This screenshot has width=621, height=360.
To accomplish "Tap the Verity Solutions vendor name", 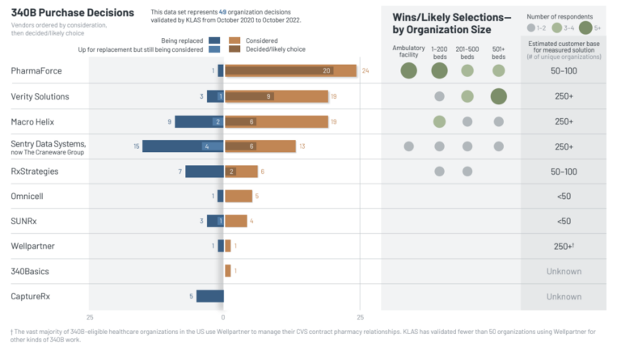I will click(40, 96).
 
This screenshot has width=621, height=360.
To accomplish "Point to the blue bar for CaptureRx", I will click(209, 296).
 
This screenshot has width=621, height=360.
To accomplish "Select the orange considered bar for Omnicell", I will click(239, 196).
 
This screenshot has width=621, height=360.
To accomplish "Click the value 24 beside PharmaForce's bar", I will click(365, 71).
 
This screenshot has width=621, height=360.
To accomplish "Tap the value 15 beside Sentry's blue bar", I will click(136, 146).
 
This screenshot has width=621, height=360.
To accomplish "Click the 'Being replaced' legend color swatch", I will click(214, 40).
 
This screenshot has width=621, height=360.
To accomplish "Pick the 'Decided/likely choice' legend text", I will click(272, 49).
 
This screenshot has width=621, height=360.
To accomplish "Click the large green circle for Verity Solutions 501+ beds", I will click(497, 96).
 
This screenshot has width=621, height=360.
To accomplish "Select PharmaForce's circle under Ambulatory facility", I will click(408, 71).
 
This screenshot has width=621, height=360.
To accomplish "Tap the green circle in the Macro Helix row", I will click(439, 121).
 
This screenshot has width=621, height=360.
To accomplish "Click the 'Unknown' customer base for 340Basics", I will click(564, 271).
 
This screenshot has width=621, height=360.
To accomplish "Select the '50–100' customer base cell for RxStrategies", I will click(564, 172).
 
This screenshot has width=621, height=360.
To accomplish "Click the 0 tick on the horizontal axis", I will click(223, 317).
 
